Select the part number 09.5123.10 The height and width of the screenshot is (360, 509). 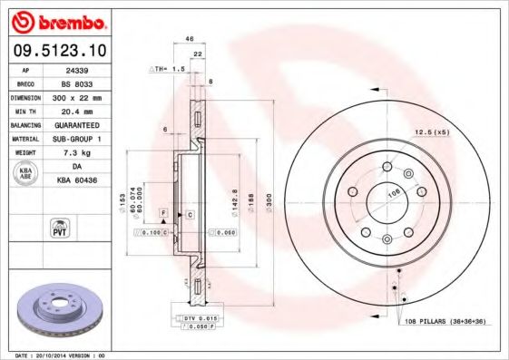(57, 51)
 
